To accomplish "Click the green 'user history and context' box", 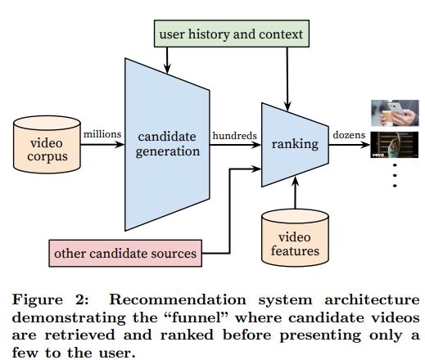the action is (232, 34).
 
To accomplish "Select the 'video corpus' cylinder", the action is (47, 144).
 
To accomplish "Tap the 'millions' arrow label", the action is (102, 134).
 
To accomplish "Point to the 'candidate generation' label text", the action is (167, 144).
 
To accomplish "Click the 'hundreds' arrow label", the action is (235, 136).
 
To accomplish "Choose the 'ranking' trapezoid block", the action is (295, 145).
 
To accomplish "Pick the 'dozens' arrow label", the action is (349, 135).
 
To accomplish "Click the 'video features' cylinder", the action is (295, 237).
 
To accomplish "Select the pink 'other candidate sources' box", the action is (125, 254).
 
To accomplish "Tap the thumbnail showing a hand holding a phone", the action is (395, 113).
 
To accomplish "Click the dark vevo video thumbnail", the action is (394, 145).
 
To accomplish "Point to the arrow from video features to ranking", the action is (295, 193).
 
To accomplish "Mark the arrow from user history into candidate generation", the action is (167, 61).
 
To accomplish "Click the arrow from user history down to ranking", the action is (287, 79).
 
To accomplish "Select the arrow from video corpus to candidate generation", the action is (102, 144).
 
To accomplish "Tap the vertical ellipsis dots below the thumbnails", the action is (395, 175).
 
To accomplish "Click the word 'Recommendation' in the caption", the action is (178, 299).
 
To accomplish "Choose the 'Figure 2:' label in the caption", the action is (51, 300).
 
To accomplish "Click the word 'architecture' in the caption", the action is (372, 300).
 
